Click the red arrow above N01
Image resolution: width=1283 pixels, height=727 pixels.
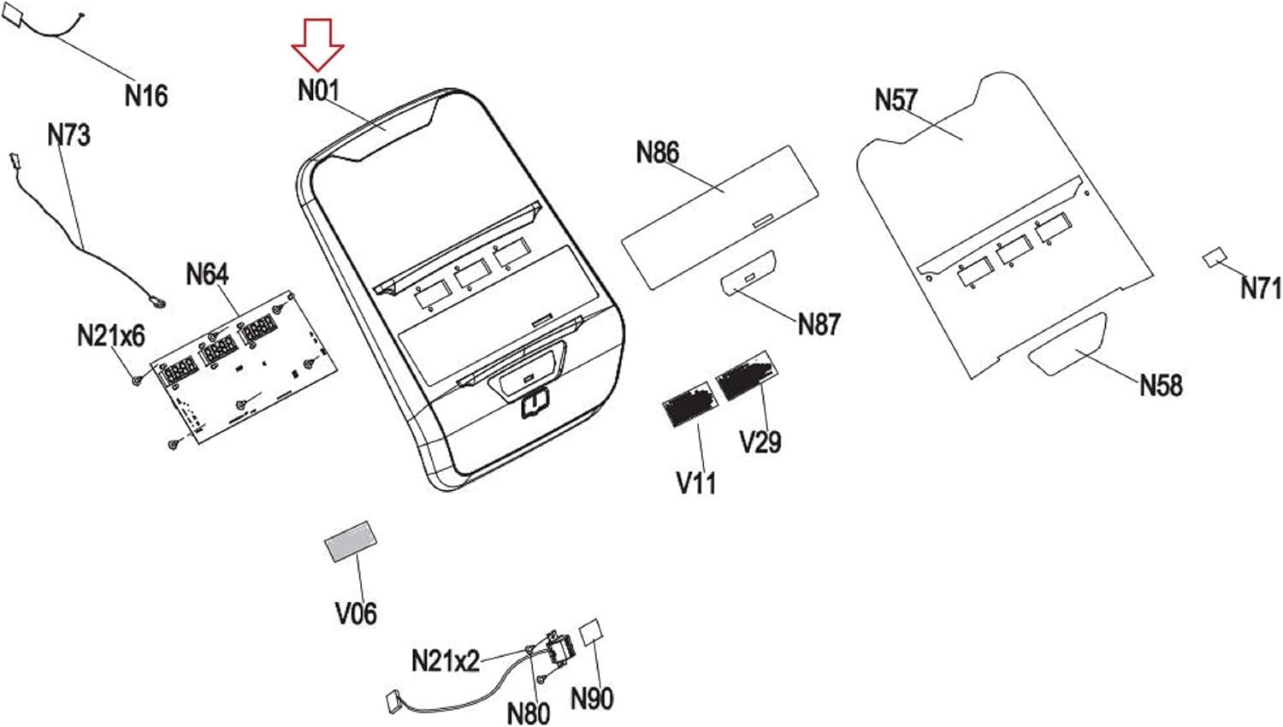(318, 44)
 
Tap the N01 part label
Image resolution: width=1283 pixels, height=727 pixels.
(319, 91)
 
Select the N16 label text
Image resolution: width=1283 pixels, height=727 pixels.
(146, 95)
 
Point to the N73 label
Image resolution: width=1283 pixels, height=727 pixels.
(68, 135)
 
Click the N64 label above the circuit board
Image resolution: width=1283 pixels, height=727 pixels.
(207, 275)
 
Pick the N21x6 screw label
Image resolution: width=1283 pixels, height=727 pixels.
(111, 335)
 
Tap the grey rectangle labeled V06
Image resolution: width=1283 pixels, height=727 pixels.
(351, 541)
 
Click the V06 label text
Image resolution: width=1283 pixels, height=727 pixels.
(356, 613)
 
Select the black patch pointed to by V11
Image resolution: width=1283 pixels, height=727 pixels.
(690, 404)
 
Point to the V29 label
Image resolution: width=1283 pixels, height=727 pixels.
(760, 441)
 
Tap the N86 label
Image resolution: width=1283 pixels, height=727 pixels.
(658, 152)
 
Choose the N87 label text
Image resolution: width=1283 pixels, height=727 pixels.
(819, 324)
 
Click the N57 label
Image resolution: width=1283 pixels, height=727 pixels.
(896, 100)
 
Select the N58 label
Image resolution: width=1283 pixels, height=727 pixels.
(1161, 385)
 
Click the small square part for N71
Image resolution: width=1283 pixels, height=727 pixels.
(1215, 257)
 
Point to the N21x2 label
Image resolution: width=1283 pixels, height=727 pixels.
(446, 661)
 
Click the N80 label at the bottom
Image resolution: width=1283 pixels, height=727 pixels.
(528, 713)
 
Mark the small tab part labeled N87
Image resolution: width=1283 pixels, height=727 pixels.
(748, 274)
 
